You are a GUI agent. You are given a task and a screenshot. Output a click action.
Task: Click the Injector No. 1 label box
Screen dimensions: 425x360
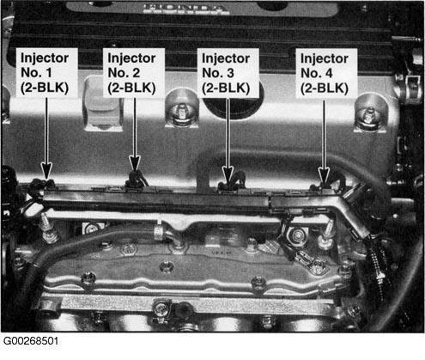pyautogui.click(x=47, y=73)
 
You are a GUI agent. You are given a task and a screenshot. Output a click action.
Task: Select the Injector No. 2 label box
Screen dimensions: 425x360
pyautogui.click(x=134, y=73)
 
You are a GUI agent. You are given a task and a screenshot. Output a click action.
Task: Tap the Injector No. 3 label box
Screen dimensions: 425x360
pyautogui.click(x=228, y=73)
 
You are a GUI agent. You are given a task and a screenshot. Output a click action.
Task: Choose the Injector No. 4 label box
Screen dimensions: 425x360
pyautogui.click(x=326, y=73)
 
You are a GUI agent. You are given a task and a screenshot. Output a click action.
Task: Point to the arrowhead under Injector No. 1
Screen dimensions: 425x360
pyautogui.click(x=46, y=171)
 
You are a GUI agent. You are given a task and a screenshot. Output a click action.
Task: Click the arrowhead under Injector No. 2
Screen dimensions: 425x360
pyautogui.click(x=135, y=163)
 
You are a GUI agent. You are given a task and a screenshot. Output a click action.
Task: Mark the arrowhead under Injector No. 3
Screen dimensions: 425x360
pyautogui.click(x=228, y=175)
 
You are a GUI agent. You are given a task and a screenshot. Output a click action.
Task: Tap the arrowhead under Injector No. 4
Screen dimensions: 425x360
pyautogui.click(x=324, y=175)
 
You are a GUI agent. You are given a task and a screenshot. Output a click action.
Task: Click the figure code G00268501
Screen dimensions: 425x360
pyautogui.click(x=31, y=341)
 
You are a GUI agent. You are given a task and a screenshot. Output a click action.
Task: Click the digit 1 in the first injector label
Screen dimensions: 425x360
pyautogui.click(x=49, y=73)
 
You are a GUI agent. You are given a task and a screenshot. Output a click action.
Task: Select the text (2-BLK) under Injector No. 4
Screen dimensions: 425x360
pyautogui.click(x=325, y=88)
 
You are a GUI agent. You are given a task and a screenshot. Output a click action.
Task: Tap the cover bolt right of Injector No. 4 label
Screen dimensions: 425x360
pyautogui.click(x=370, y=116)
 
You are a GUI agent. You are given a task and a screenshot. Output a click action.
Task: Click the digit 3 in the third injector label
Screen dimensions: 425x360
pyautogui.click(x=230, y=73)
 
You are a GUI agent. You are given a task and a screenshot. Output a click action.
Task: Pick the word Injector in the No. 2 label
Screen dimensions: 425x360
pyautogui.click(x=131, y=58)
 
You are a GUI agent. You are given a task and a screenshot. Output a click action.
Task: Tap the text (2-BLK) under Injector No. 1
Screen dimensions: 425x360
pyautogui.click(x=45, y=88)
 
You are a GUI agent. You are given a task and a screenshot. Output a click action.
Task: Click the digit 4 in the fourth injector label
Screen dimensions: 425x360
pyautogui.click(x=329, y=73)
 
